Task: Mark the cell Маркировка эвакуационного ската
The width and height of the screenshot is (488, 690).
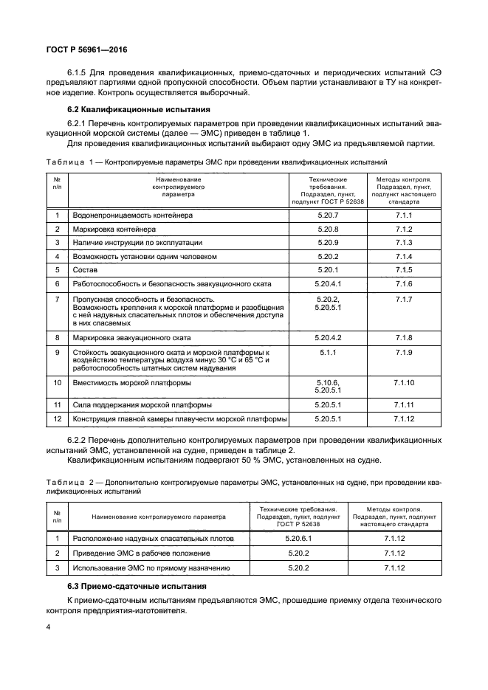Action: click(131, 337)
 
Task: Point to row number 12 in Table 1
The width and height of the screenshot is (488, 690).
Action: click(57, 419)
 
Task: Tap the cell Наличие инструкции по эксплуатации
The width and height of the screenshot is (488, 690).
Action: click(137, 242)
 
